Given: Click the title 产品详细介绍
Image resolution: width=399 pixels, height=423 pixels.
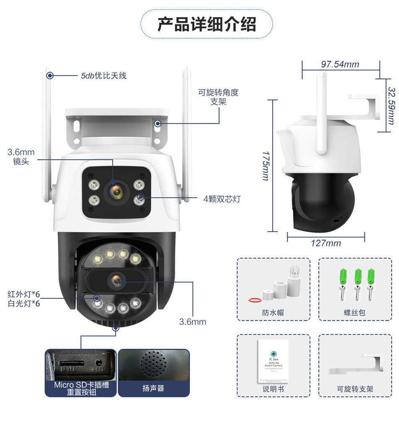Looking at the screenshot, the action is (x=206, y=24).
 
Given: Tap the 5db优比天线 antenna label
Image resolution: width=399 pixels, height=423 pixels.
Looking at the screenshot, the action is (x=104, y=76).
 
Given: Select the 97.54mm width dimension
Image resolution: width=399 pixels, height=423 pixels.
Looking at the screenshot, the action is (x=340, y=64).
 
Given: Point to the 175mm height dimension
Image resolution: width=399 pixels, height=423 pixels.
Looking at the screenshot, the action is (x=265, y=166).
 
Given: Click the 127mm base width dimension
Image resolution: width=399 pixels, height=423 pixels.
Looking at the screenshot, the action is (x=326, y=243).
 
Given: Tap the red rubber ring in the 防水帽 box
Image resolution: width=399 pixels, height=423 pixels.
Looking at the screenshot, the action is (x=254, y=300).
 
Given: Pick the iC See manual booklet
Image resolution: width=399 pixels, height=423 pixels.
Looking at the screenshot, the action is (x=273, y=360).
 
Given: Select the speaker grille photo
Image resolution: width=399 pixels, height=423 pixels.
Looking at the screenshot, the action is (x=153, y=365).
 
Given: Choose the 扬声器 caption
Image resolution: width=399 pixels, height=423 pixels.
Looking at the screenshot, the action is (x=153, y=388).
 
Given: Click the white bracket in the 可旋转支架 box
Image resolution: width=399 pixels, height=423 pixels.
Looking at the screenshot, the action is (x=357, y=365).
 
